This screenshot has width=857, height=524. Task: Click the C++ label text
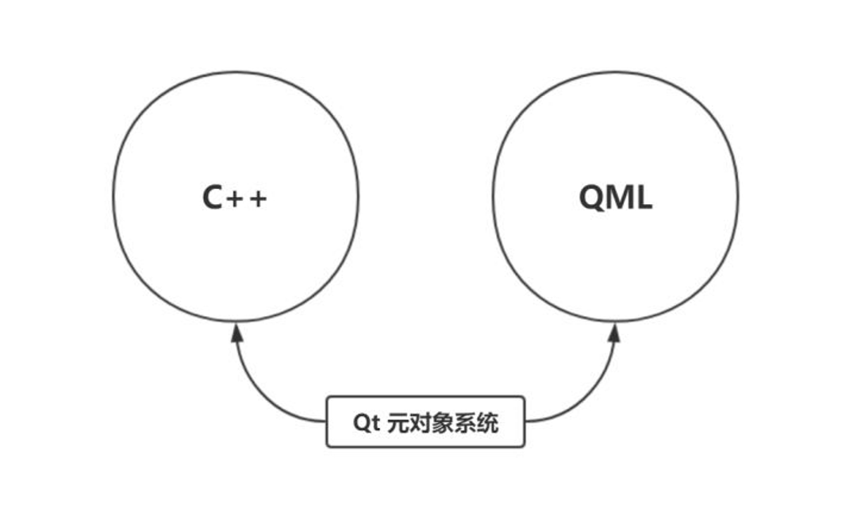235,198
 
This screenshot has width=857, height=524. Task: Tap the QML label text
616,197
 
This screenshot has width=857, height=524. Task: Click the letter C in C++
213,198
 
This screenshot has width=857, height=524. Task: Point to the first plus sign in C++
236,198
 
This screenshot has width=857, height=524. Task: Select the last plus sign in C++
258,198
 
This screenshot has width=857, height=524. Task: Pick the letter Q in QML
593,198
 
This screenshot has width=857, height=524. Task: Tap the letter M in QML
621,197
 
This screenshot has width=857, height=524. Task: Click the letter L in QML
644,197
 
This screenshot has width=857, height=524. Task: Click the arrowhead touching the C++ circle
236,332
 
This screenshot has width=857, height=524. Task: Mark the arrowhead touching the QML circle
613,332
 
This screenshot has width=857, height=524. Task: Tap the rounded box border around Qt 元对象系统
425,396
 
